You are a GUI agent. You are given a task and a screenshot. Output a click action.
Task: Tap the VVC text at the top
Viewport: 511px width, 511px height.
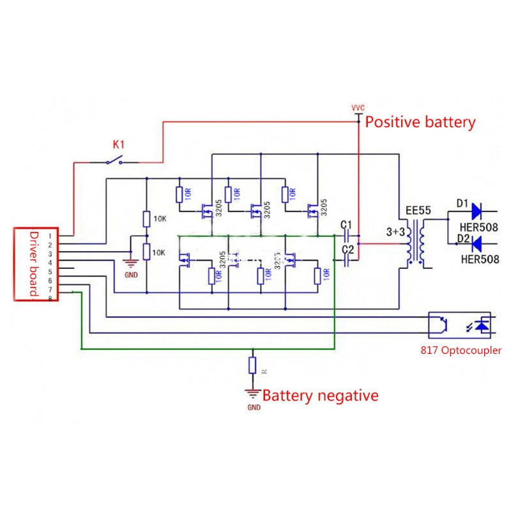tap(358, 107)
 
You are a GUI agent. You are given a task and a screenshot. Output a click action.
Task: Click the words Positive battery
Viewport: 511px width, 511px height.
tap(420, 122)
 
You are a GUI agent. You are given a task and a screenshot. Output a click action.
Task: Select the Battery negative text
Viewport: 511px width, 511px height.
tap(320, 395)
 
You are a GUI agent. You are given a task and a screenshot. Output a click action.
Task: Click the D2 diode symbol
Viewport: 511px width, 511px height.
tap(475, 243)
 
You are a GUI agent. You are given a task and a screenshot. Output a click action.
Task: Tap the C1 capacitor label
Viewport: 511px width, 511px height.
tap(347, 224)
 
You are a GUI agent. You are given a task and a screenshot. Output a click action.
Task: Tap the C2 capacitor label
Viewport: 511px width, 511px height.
tap(347, 248)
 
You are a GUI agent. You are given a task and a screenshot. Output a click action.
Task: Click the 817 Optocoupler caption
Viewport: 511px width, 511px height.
tap(461, 350)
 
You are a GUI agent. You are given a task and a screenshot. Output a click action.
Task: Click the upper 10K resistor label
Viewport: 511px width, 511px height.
tap(160, 219)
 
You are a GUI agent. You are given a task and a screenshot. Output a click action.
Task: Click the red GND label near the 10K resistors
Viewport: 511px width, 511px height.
tap(130, 275)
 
